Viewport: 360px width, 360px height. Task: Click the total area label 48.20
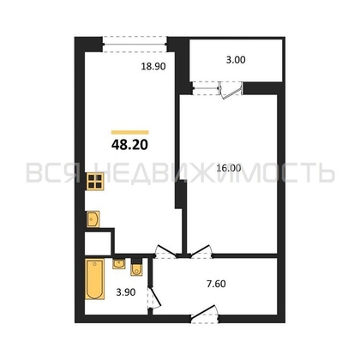(129, 145)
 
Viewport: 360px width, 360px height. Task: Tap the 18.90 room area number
(153, 67)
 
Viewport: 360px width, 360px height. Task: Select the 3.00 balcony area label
(236, 60)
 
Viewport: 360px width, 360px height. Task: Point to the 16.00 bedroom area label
(229, 168)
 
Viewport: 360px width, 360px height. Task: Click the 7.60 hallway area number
(216, 284)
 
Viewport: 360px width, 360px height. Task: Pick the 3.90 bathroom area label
(126, 292)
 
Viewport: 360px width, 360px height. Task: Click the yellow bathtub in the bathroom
(95, 279)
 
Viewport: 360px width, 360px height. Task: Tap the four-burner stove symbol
(95, 182)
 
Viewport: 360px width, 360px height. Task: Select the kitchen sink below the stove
(93, 219)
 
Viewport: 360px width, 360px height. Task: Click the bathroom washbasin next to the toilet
(118, 264)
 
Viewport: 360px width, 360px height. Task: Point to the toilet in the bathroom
(136, 267)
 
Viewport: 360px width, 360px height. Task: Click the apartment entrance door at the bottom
(204, 314)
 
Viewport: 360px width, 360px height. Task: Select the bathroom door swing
(154, 297)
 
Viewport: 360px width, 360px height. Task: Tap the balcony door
(231, 90)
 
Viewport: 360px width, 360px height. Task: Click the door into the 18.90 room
(165, 250)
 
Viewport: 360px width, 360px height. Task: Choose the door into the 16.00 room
(201, 250)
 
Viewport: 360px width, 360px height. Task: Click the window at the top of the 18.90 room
(135, 44)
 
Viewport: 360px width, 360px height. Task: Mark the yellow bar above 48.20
(130, 132)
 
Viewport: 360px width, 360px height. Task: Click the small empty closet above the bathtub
(98, 243)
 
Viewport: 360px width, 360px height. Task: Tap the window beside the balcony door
(206, 88)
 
